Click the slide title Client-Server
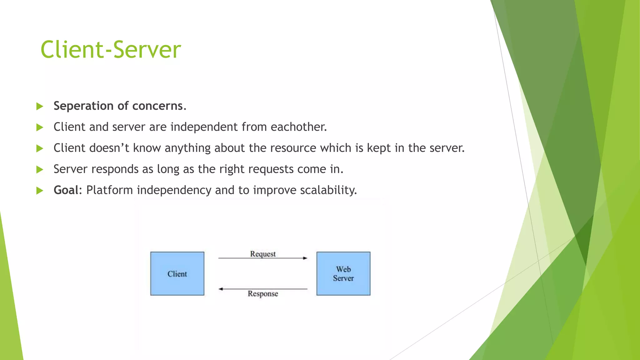(111, 50)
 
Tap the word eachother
(298, 127)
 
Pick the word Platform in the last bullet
(109, 190)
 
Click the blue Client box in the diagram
(177, 273)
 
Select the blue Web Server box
(343, 273)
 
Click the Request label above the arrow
(263, 254)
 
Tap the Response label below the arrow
(263, 294)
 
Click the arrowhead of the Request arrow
(305, 258)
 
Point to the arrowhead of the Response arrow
(221, 289)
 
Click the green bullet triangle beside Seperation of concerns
(40, 106)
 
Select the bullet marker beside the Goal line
(40, 190)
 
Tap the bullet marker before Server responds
(40, 169)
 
